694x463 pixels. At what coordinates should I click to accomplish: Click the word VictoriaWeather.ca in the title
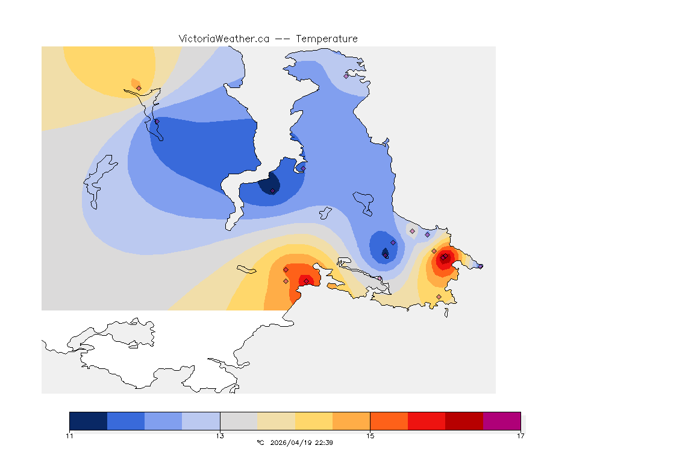(x=224, y=39)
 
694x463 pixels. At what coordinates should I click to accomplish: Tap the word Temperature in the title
(x=326, y=39)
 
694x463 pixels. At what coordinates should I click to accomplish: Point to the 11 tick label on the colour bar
(x=70, y=436)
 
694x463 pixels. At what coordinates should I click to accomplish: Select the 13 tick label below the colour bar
(x=220, y=436)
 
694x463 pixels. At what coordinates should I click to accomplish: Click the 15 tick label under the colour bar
(x=370, y=436)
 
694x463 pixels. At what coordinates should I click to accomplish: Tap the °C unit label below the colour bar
(x=260, y=443)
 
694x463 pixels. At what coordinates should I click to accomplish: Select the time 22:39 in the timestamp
(x=325, y=443)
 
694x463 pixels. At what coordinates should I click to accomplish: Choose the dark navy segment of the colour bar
(x=89, y=421)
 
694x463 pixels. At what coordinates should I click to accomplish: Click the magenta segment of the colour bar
(x=502, y=421)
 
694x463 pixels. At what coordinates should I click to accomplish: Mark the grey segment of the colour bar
(x=239, y=421)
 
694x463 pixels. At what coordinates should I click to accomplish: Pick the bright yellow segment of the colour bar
(x=314, y=421)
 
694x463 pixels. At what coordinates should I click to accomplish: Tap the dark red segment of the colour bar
(x=464, y=421)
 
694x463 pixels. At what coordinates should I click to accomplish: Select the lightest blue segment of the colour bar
(x=201, y=421)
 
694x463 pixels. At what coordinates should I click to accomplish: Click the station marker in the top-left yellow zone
(x=139, y=88)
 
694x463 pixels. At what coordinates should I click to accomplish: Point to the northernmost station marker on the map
(x=346, y=76)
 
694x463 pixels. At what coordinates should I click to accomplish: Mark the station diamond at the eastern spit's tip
(x=480, y=266)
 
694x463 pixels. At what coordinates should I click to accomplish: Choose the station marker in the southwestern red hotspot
(x=306, y=281)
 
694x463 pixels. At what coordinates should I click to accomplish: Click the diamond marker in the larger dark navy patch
(x=273, y=191)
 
